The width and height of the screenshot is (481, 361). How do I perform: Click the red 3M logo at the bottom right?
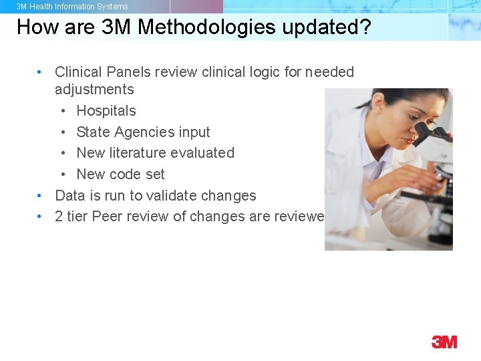point(444,342)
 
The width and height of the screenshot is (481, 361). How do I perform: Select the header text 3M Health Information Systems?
point(72,7)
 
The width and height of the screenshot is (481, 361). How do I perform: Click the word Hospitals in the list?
point(106,111)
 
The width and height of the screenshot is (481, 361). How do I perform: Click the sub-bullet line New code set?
point(120,174)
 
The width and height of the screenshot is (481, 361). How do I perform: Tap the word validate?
point(173,196)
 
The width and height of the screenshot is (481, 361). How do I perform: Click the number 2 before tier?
point(59,217)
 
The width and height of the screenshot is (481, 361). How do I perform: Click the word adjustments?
point(94,90)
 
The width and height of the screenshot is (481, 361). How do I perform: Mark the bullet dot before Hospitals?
point(63,111)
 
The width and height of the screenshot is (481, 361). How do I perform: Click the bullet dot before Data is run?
point(41,196)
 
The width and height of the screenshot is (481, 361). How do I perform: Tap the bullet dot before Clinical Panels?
point(41,72)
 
